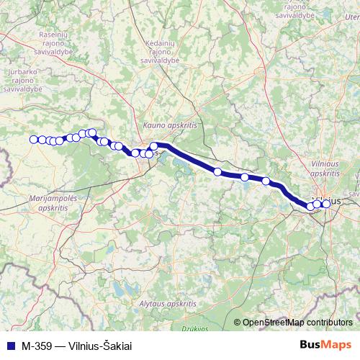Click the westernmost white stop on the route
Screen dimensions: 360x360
tap(33, 139)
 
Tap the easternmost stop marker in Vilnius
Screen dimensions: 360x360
tap(326, 204)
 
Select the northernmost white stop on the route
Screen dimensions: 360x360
tap(91, 132)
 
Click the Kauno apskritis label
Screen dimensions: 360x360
tap(170, 125)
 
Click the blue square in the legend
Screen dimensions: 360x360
tap(9, 345)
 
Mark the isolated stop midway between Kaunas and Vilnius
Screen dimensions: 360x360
tap(217, 171)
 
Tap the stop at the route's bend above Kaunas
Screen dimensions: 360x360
tap(153, 146)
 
